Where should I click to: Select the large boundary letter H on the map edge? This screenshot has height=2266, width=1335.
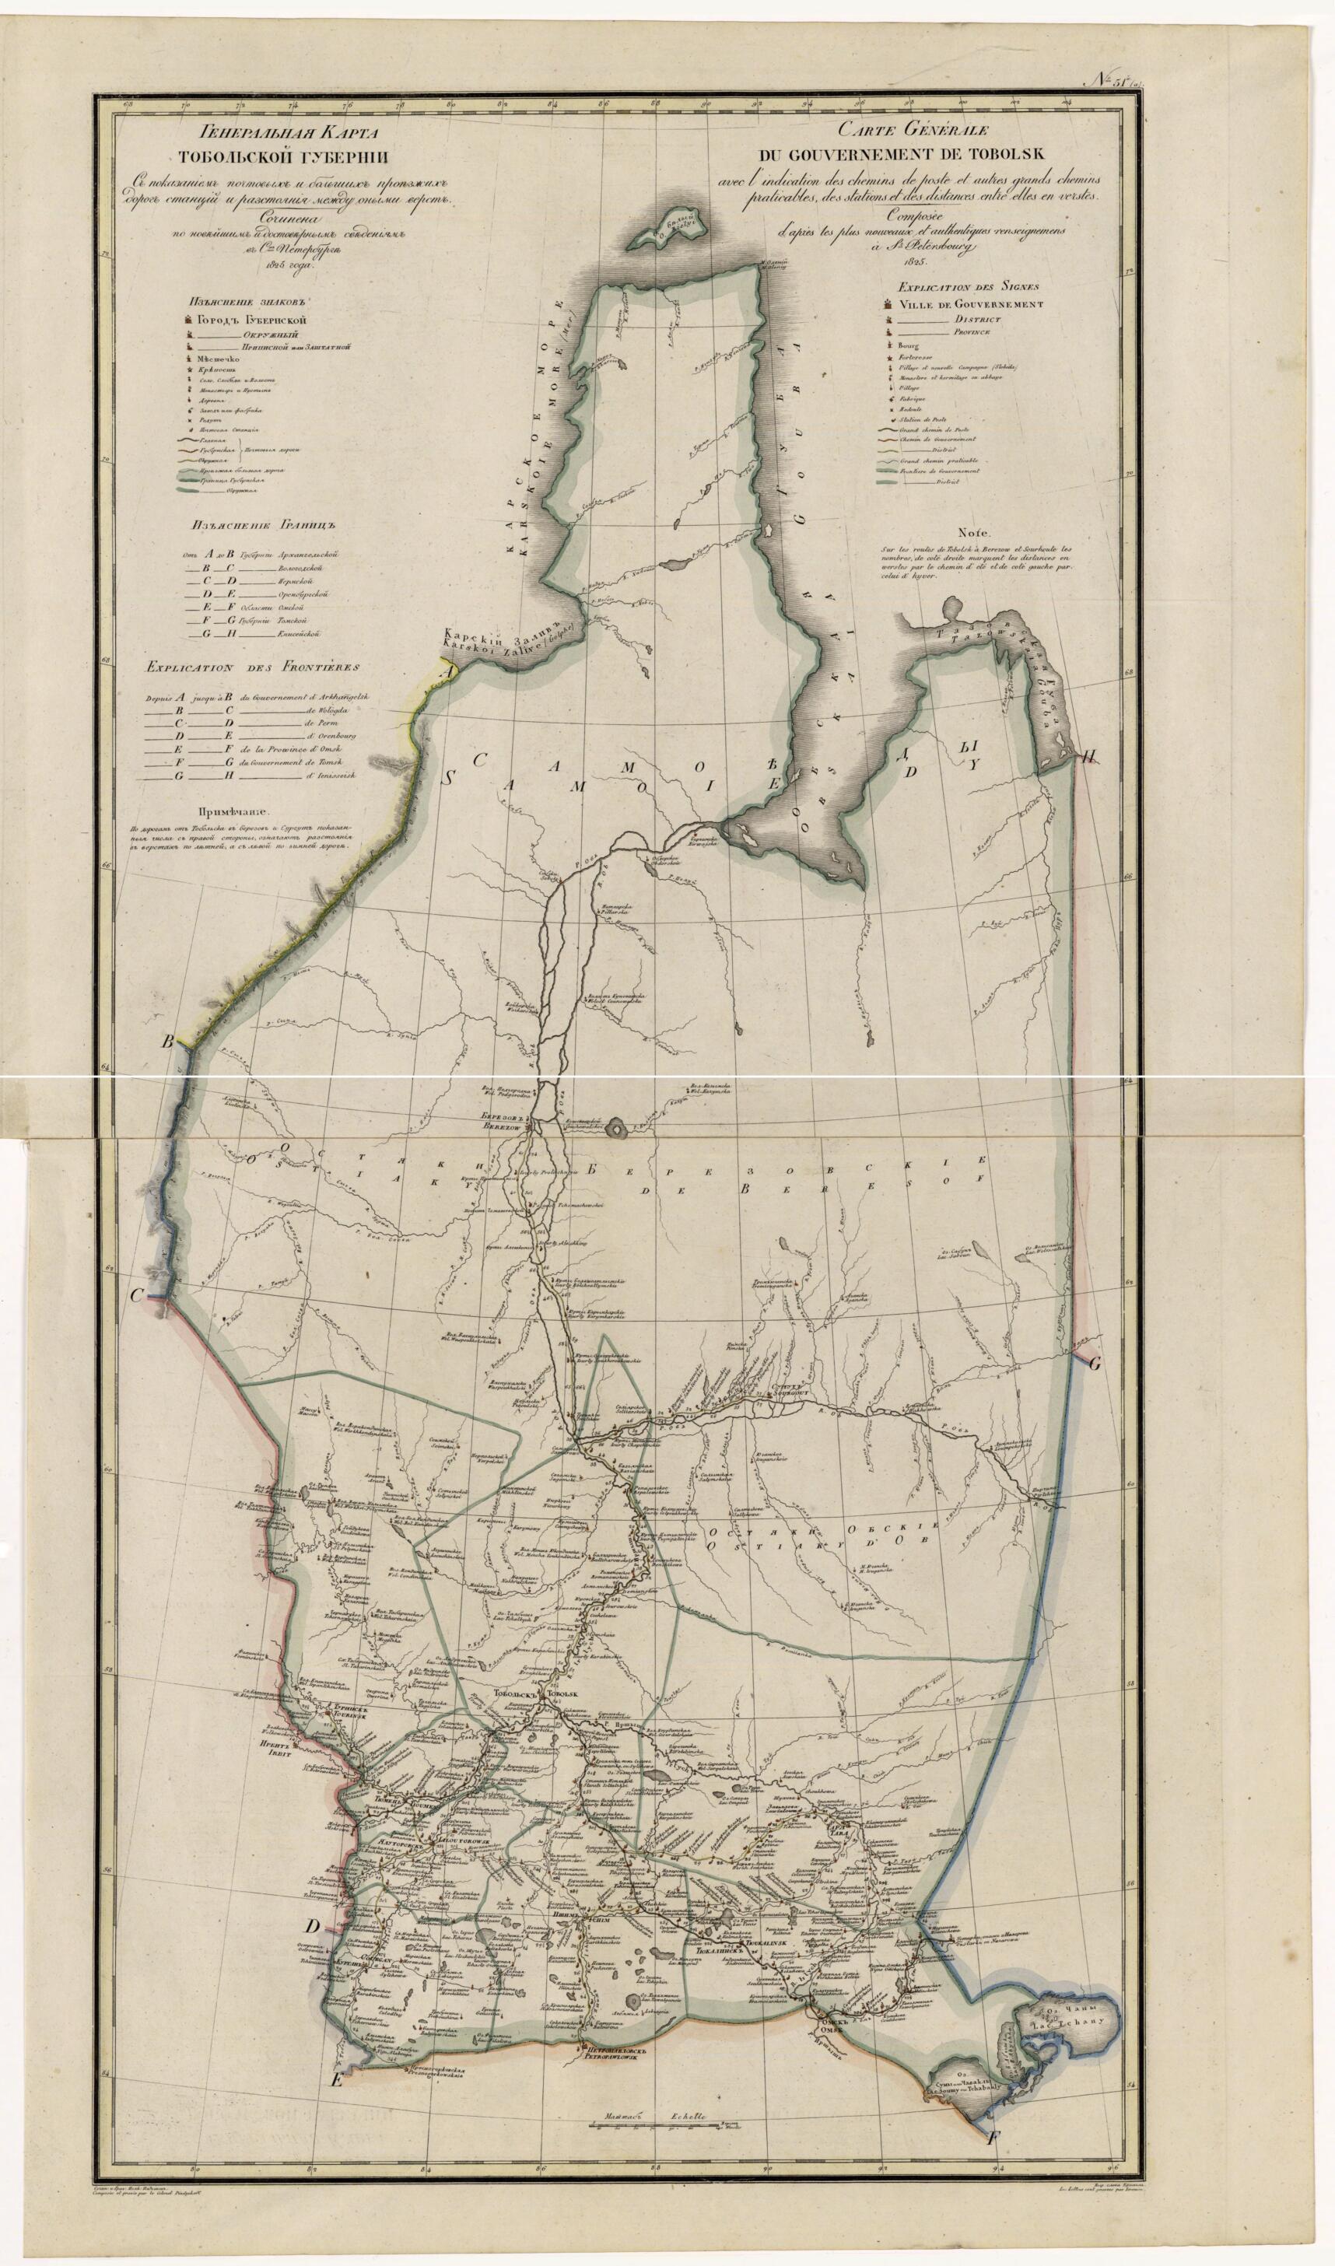pyautogui.click(x=1090, y=756)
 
